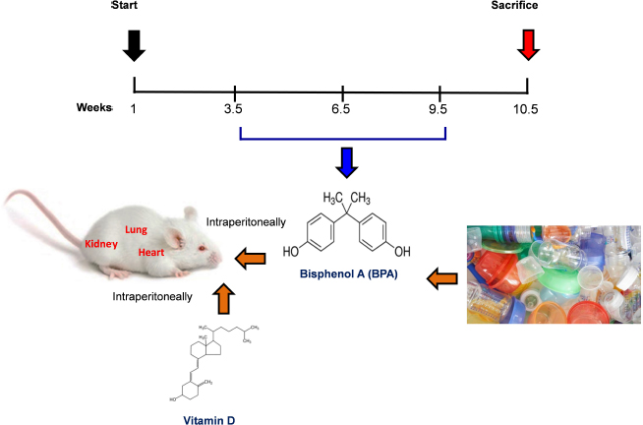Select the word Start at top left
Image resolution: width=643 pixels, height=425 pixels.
coord(126,6)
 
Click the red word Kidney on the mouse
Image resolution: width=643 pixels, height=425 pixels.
coord(101,243)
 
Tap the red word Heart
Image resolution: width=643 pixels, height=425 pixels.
coord(150,252)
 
